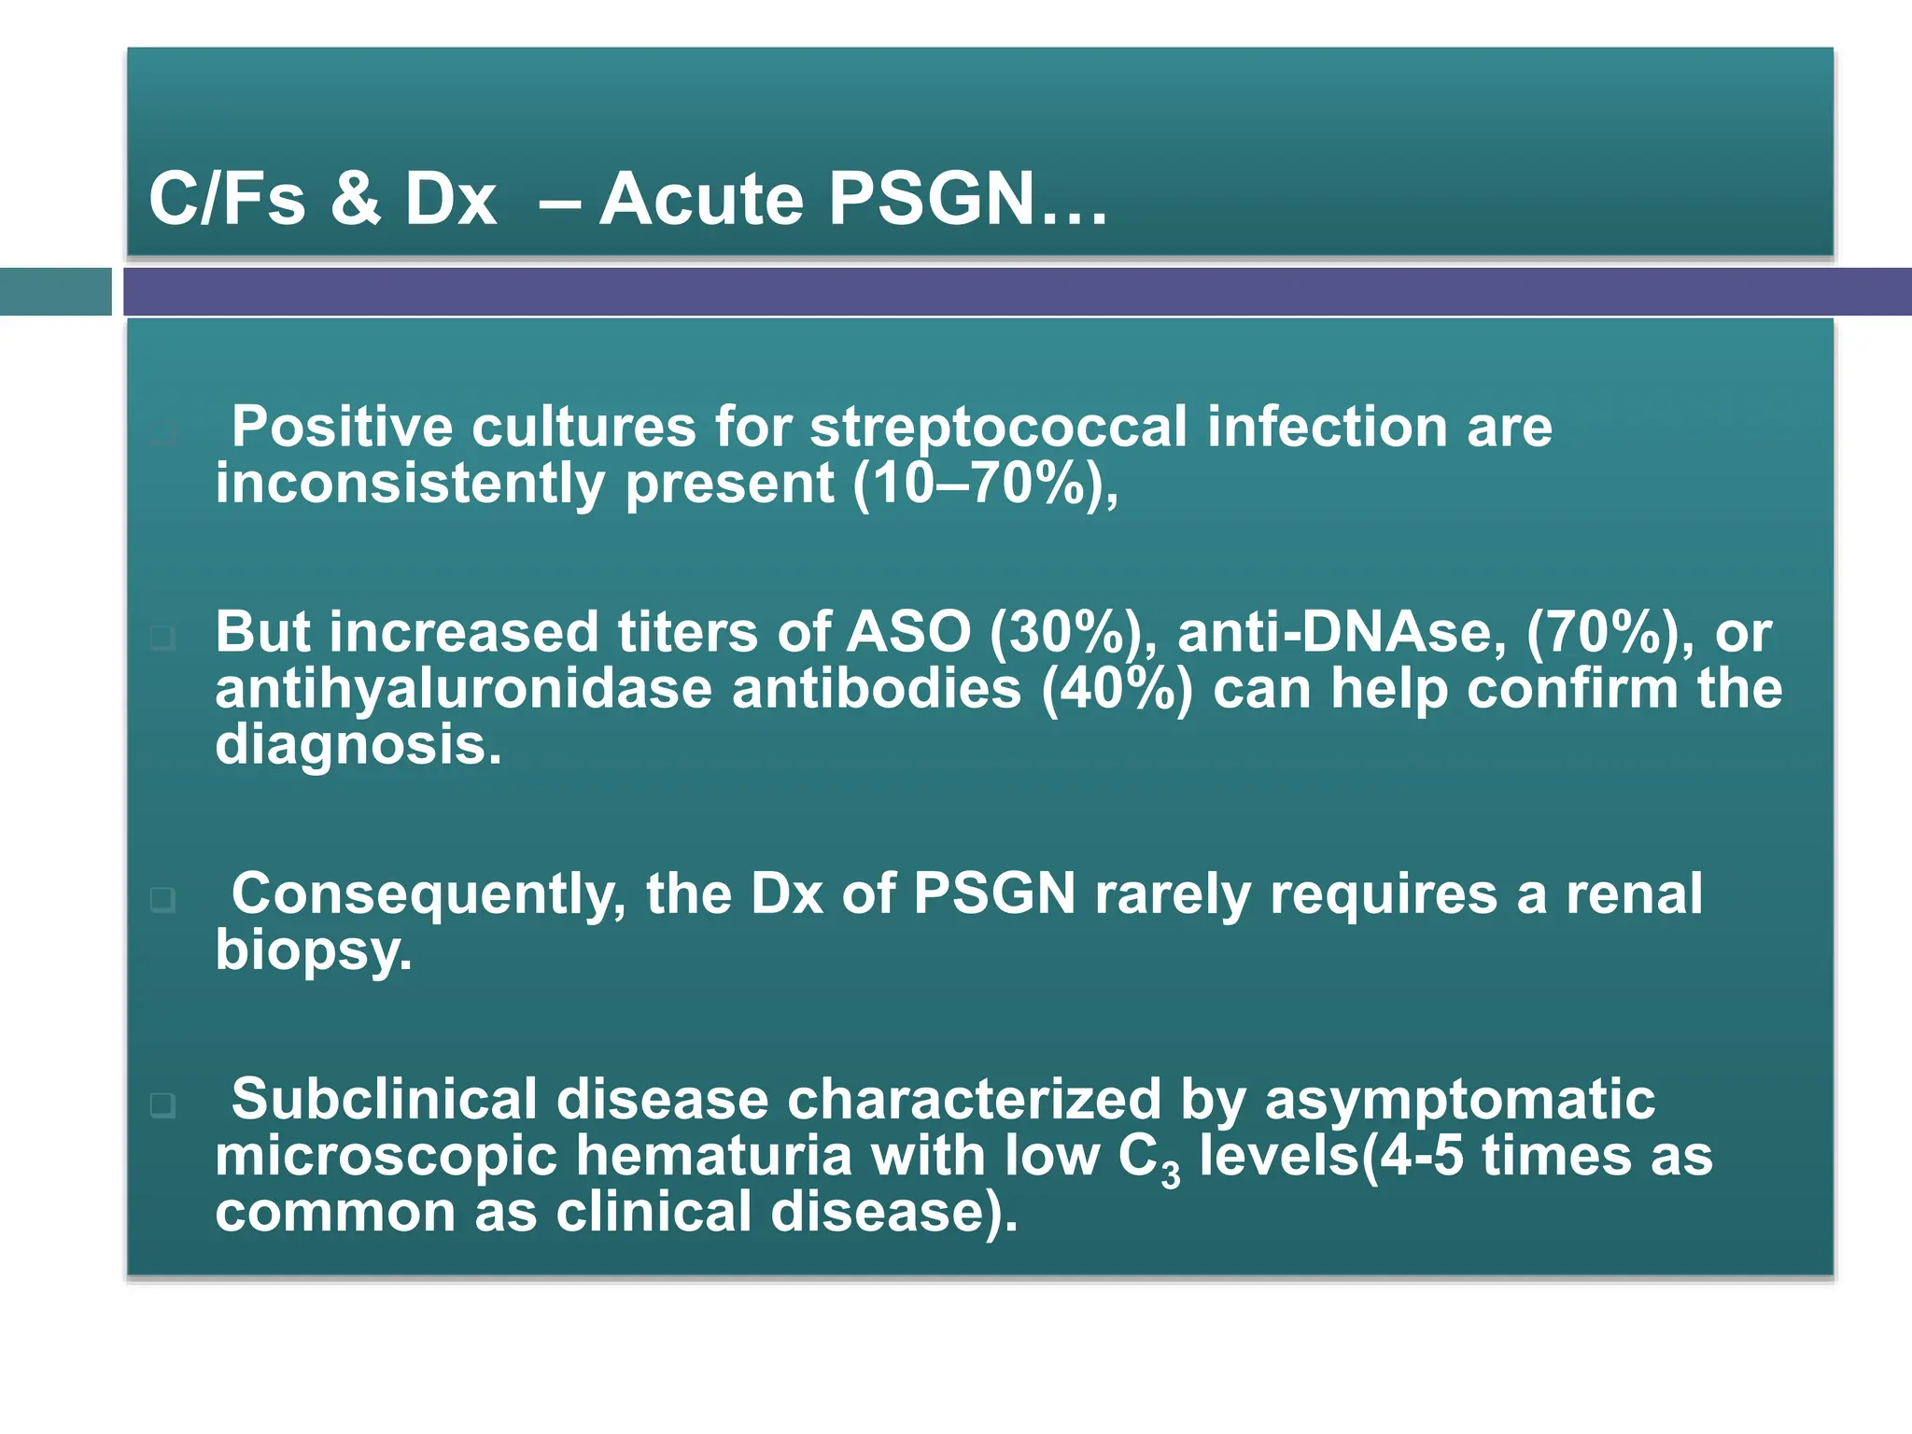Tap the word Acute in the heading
coord(701,199)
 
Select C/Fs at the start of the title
coord(227,199)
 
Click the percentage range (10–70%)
coord(977,484)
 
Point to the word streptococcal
coord(998,428)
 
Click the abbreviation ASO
coord(908,632)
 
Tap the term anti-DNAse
coord(1341,632)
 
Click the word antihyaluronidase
coord(463,689)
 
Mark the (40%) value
coord(1117,689)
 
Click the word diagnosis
coord(358,745)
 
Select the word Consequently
coord(429,894)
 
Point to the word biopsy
coord(313,950)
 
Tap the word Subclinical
coord(384,1099)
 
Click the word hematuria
coord(713,1156)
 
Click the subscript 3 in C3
coord(1171,1173)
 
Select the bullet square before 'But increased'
coord(162,639)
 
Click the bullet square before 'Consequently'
coord(162,900)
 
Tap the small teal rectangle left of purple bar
coord(55,291)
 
